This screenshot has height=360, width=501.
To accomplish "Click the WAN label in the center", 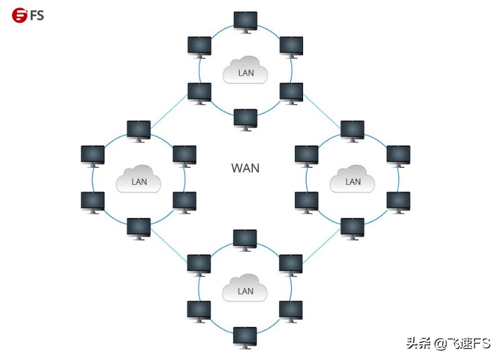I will click(245, 168).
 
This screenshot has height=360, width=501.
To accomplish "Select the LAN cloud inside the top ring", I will click(245, 71).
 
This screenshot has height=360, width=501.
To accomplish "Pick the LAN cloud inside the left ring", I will click(139, 180).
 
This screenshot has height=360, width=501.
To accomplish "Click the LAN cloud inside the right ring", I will click(353, 180).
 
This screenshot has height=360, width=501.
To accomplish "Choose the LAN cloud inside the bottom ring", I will click(245, 289).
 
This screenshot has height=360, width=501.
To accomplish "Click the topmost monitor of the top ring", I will click(245, 21).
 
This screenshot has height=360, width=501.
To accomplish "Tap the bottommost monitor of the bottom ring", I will click(245, 336).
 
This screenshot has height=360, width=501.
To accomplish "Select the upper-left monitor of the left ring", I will click(93, 155).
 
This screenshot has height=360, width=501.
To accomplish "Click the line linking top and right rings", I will click(322, 111).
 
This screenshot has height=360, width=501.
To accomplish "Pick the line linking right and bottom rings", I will click(322, 246).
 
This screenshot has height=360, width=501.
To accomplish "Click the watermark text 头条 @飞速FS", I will click(448, 343).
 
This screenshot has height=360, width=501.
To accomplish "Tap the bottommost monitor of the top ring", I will click(245, 118).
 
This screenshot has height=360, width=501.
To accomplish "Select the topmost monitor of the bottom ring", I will click(245, 239).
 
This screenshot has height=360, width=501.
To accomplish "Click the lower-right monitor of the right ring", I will click(398, 201).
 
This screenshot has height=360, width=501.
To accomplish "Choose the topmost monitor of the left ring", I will click(139, 130).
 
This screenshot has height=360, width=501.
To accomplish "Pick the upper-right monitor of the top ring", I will click(291, 46).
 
